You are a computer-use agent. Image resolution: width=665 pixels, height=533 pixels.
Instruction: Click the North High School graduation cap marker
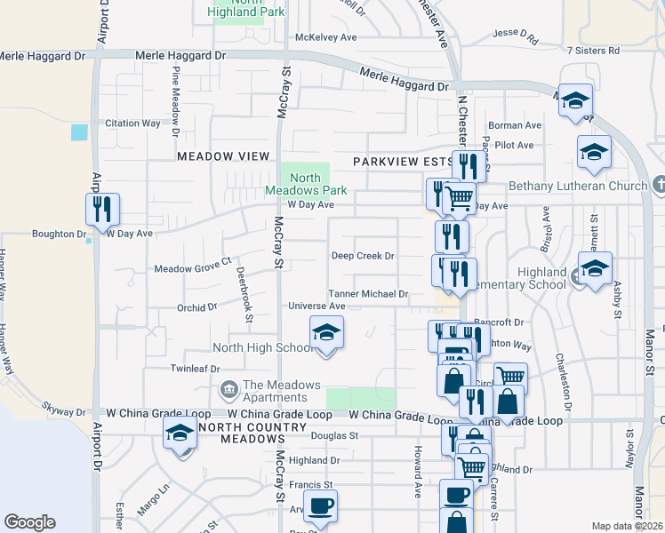click(x=326, y=334)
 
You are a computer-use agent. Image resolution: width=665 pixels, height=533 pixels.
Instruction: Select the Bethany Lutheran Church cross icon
click(x=658, y=186)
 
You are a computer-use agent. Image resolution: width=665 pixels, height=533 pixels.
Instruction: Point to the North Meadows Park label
click(x=305, y=184)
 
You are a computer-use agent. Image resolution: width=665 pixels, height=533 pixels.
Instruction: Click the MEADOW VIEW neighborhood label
click(x=222, y=156)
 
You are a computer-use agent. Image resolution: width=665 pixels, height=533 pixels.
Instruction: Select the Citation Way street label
click(x=133, y=123)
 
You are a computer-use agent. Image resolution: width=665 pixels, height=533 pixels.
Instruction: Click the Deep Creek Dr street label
click(x=363, y=256)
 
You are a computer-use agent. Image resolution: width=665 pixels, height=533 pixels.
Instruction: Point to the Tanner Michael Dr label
click(x=368, y=294)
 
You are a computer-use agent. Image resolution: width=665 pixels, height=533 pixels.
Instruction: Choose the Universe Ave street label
click(x=316, y=306)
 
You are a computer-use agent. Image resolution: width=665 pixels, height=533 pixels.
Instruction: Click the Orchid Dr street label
click(x=196, y=307)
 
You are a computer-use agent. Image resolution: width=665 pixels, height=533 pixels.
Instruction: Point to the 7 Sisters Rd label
click(x=593, y=51)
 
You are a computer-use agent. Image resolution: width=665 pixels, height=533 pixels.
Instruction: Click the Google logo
click(x=29, y=522)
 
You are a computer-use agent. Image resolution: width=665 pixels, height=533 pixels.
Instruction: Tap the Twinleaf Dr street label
click(x=195, y=368)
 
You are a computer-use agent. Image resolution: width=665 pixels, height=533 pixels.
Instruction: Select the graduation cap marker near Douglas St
click(x=180, y=434)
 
